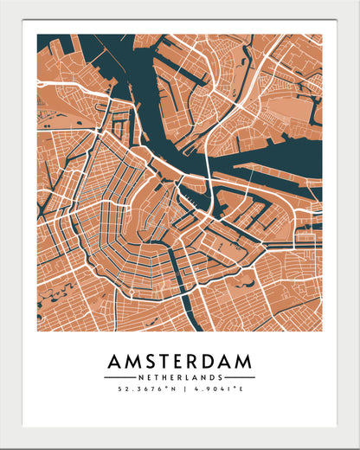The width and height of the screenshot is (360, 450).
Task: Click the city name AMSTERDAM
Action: tap(180, 360)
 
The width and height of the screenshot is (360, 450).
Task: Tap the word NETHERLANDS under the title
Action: tap(180, 377)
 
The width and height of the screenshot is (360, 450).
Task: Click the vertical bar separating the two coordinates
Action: tap(180, 389)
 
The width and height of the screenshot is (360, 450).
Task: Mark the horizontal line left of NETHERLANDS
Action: tap(119, 377)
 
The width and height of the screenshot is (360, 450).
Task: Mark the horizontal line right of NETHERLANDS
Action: tap(241, 377)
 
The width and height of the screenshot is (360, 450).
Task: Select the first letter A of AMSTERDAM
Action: tap(115, 360)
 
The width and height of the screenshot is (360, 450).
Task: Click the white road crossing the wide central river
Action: tap(209, 164)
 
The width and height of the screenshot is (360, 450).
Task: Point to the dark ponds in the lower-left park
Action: tap(52, 294)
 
